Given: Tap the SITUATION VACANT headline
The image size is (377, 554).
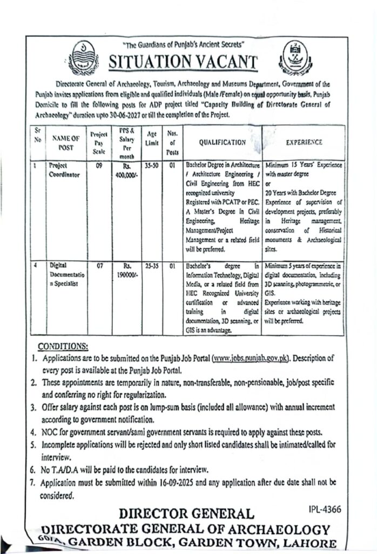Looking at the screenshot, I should (x=184, y=63).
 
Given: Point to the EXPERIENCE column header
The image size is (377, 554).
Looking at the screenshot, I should (x=304, y=142).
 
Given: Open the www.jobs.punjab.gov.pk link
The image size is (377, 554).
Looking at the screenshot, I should (x=252, y=358).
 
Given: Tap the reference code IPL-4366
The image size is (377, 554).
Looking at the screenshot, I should (x=324, y=509).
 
